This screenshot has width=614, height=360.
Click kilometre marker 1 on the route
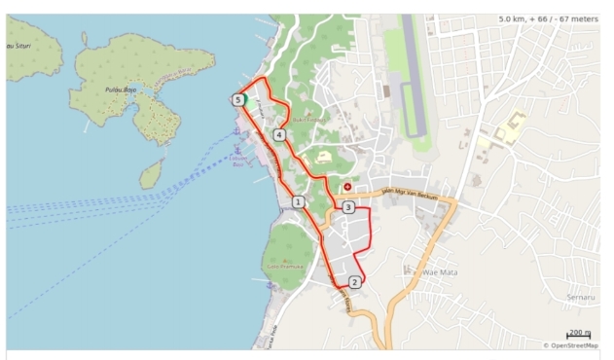298,201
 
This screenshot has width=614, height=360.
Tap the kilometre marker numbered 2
355,282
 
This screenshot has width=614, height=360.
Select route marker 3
347,207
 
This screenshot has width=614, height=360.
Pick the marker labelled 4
279,135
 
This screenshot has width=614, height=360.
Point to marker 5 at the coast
237,99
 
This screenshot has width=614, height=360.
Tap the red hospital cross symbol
347,186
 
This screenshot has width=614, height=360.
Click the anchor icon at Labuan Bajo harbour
237,149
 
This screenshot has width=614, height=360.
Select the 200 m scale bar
579,335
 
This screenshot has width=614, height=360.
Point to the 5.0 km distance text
519,18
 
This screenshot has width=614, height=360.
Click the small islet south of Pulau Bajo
151,174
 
